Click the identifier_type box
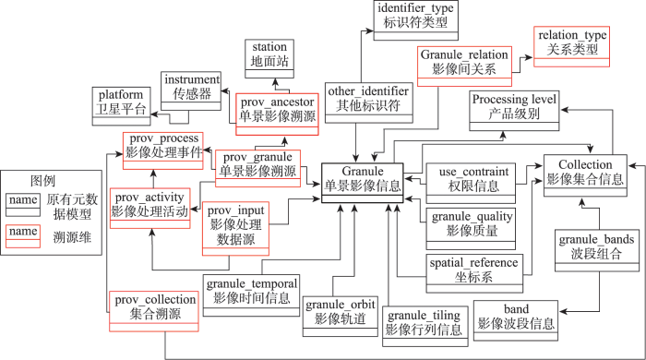414,18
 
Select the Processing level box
514,110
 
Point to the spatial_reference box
473,270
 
